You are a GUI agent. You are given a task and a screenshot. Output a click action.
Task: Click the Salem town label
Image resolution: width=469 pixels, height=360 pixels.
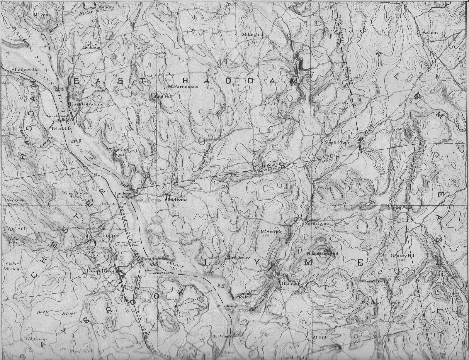pyautogui.click(x=430, y=33)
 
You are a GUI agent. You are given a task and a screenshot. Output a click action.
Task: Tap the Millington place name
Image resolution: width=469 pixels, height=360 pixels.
pyautogui.click(x=253, y=35)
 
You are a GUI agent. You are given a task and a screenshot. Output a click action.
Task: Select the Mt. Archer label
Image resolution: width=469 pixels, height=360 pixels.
pyautogui.click(x=271, y=231)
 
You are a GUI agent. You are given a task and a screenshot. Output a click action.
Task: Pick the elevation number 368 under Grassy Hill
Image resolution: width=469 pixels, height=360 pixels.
pyautogui.click(x=402, y=260)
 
